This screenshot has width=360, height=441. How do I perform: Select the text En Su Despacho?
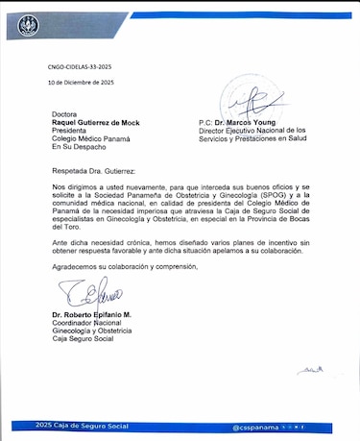click(x=79, y=149)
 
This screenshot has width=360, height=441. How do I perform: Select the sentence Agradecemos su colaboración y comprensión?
click(x=125, y=265)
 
